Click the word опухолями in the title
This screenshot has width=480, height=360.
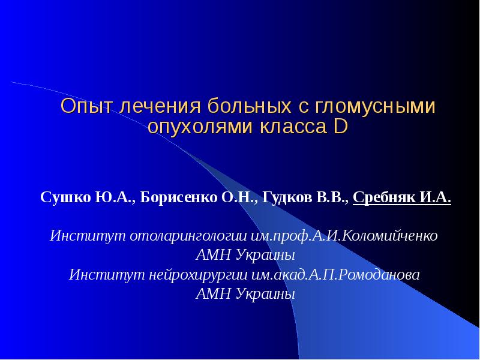[201, 127]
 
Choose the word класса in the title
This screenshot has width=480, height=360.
[292, 127]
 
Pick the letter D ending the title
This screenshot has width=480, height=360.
[339, 127]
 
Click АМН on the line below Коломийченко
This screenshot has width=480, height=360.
[212, 255]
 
